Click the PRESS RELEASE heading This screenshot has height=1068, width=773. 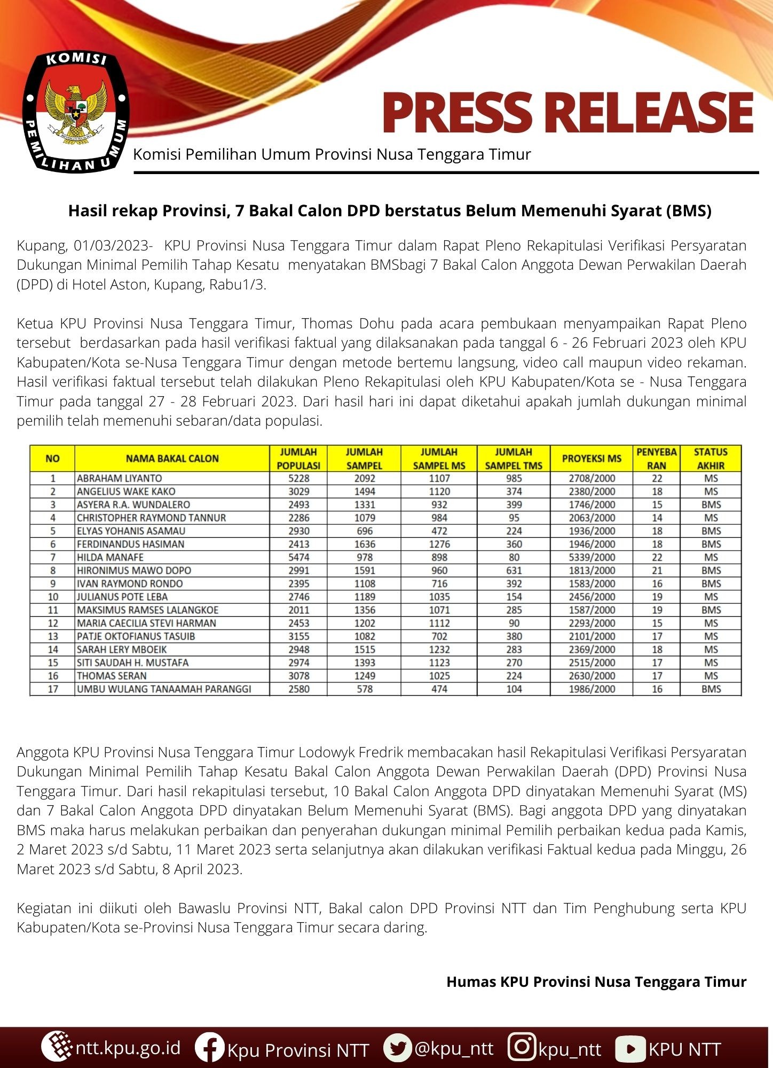(567, 113)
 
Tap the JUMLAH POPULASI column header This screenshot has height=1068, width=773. (298, 459)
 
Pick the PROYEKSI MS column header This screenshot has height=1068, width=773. (591, 459)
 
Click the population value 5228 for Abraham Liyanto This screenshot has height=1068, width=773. (298, 478)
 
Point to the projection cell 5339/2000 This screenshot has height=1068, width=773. (591, 557)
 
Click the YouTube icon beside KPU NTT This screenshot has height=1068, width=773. (630, 1048)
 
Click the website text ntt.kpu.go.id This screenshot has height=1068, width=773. (128, 1048)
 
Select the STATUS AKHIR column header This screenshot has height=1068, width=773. (711, 459)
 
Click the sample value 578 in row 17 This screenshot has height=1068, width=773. (364, 689)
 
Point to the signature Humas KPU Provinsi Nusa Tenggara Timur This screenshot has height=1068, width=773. (596, 981)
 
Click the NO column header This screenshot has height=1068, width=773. (52, 459)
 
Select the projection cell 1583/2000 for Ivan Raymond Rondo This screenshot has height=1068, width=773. (591, 584)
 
